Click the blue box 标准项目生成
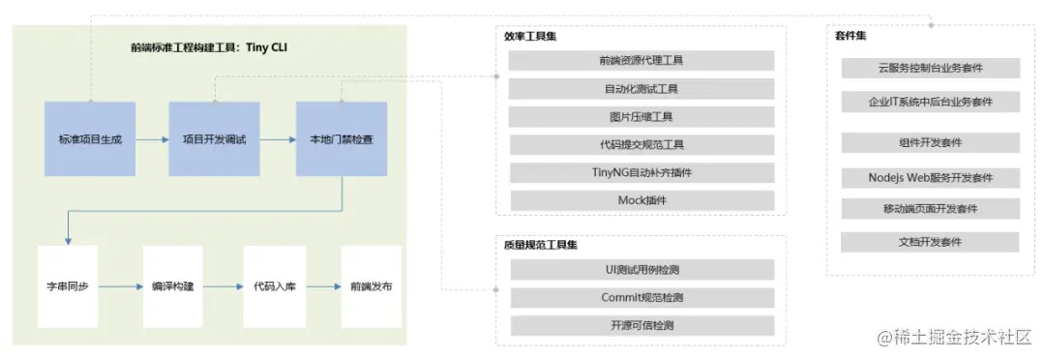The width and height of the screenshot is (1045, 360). pyautogui.click(x=90, y=138)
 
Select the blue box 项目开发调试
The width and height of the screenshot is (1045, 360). pyautogui.click(x=215, y=138)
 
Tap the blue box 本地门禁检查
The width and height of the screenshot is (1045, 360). pyautogui.click(x=341, y=138)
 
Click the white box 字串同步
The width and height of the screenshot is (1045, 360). pyautogui.click(x=68, y=286)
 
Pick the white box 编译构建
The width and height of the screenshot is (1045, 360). pyautogui.click(x=173, y=286)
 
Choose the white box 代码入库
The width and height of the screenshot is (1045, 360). pyautogui.click(x=274, y=286)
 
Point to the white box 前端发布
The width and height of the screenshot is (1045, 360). pyautogui.click(x=372, y=286)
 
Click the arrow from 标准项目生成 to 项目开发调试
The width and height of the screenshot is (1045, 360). pyautogui.click(x=152, y=139)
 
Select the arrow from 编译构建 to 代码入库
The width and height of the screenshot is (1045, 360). pyautogui.click(x=223, y=287)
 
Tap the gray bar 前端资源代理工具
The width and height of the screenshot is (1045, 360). pyautogui.click(x=642, y=61)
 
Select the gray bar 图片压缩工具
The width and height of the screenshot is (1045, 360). pyautogui.click(x=642, y=117)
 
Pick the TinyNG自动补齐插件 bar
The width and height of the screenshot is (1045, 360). pyautogui.click(x=642, y=173)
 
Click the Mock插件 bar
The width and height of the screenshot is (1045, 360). pyautogui.click(x=642, y=201)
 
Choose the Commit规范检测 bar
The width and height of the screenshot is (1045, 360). pyautogui.click(x=642, y=297)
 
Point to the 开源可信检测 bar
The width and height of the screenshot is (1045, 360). pyautogui.click(x=642, y=325)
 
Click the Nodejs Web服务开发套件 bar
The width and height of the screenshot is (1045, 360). pyautogui.click(x=930, y=178)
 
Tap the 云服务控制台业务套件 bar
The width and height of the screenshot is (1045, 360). pyautogui.click(x=930, y=68)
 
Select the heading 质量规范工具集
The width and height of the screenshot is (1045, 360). pyautogui.click(x=535, y=245)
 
